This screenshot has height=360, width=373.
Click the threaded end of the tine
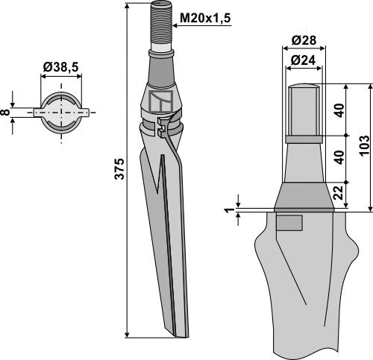click(x=162, y=25)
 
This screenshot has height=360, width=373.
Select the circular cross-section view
click(x=60, y=113)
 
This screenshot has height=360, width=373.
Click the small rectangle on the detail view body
click(x=289, y=222)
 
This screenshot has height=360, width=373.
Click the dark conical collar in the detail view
click(x=303, y=197)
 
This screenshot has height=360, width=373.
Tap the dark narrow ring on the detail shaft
click(x=303, y=139)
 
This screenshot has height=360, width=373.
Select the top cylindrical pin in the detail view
click(x=303, y=108)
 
